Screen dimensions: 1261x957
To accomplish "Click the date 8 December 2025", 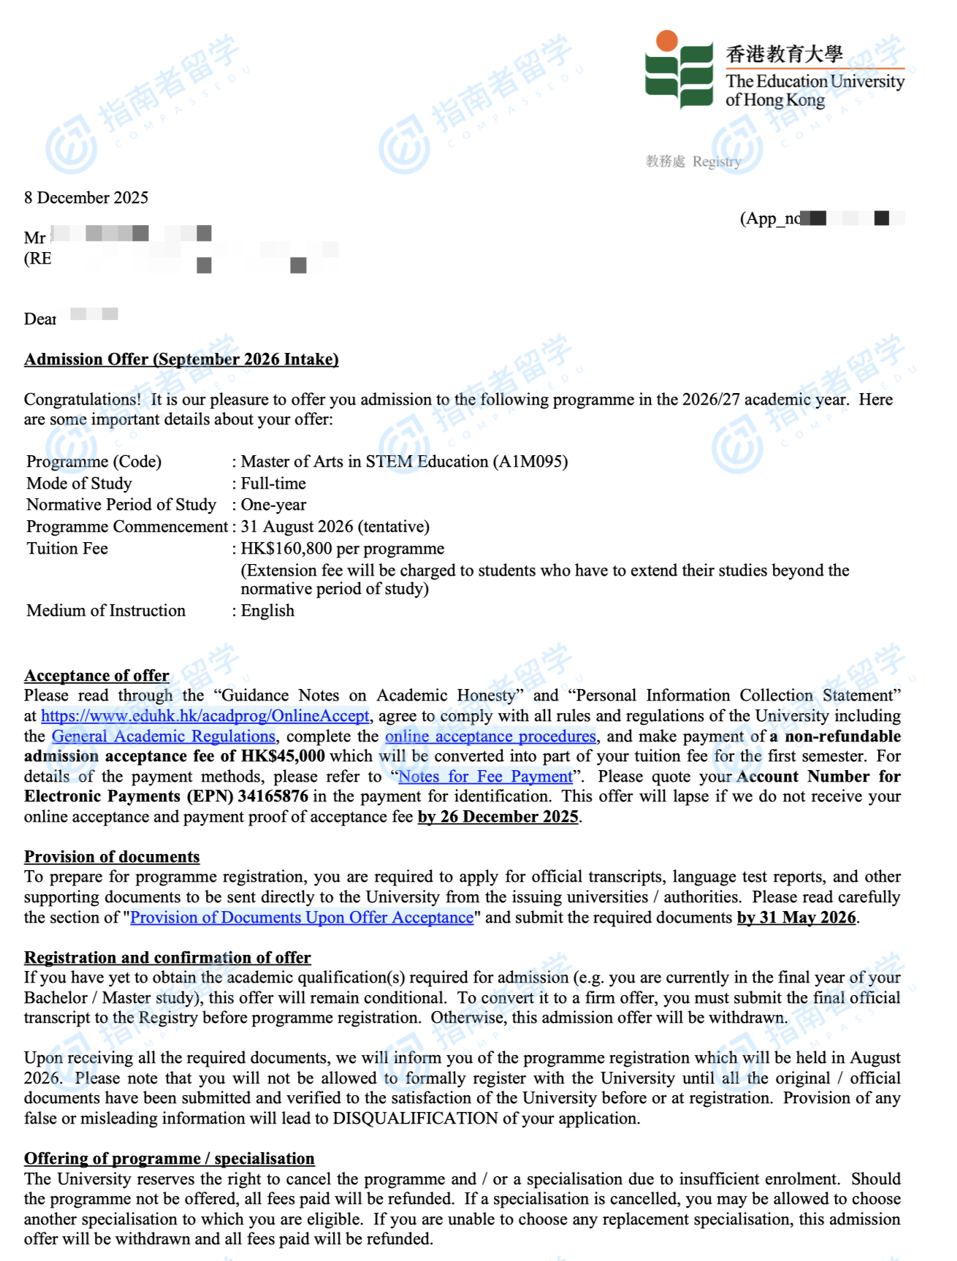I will (x=86, y=198).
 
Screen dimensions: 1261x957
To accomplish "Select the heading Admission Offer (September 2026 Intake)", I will (x=181, y=359).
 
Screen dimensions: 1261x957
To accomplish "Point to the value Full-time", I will (x=273, y=484).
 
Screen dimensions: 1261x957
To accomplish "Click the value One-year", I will (x=273, y=505).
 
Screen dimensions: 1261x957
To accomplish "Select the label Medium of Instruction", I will (x=106, y=611).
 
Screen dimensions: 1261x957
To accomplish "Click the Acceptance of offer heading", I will (x=96, y=676).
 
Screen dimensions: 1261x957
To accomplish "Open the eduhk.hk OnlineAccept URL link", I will (x=205, y=716).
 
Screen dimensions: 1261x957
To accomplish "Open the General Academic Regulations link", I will (x=164, y=736).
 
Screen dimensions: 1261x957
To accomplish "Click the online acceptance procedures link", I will (x=490, y=736).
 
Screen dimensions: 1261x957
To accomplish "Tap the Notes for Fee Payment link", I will (x=485, y=777).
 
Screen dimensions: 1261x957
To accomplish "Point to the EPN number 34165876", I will (x=273, y=796).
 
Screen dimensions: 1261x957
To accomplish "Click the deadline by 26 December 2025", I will (x=498, y=817).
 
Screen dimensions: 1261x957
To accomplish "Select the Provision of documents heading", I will (x=112, y=857).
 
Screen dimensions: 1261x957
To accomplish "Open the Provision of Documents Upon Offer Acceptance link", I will (x=302, y=918).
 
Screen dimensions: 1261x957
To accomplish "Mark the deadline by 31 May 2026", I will (x=796, y=918).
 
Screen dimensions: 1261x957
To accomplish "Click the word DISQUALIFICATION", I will (x=415, y=1119).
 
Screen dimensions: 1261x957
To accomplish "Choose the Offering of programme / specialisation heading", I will (x=169, y=1159).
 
